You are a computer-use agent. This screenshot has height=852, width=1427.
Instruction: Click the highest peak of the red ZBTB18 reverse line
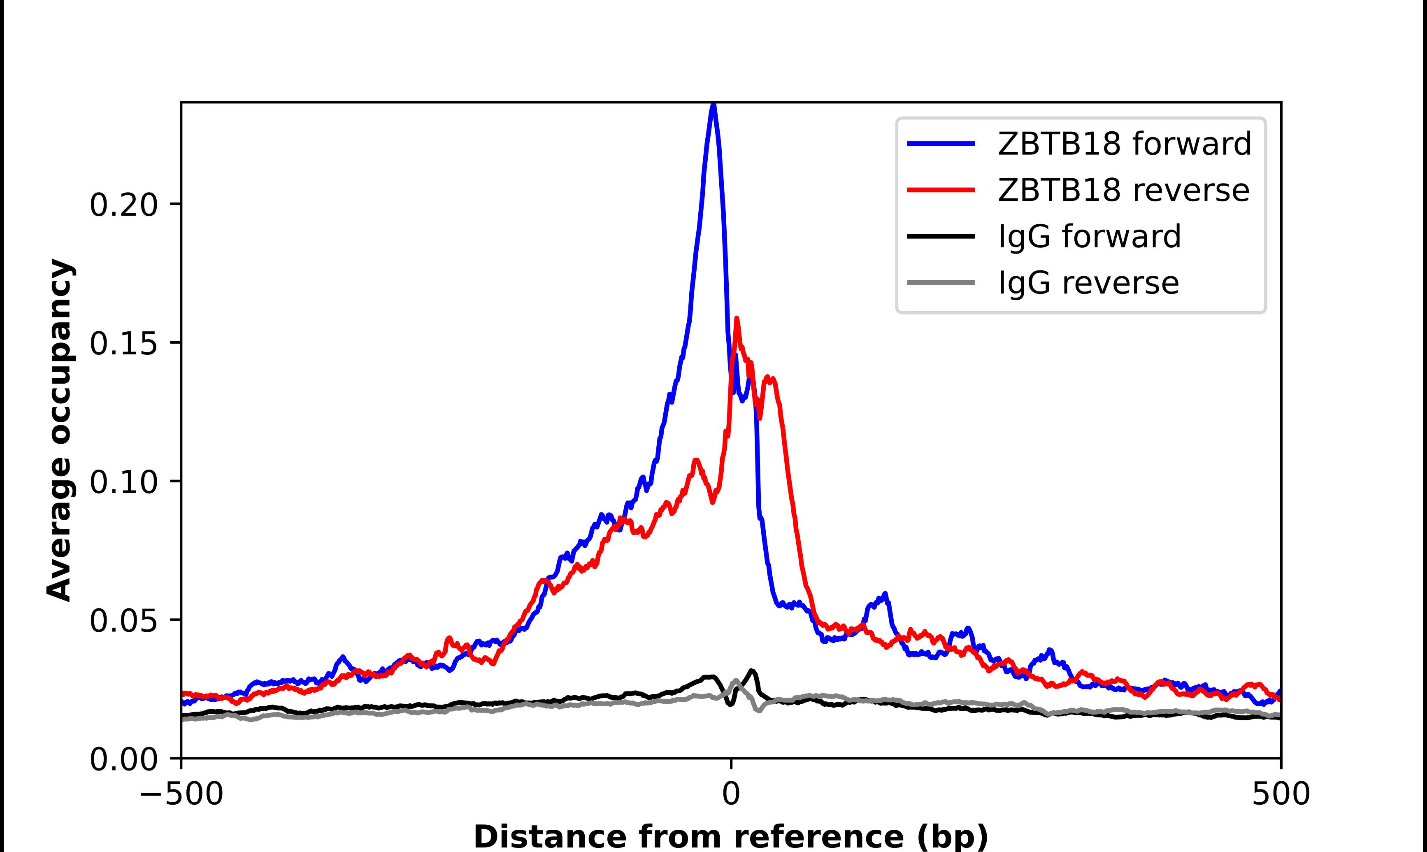coord(737,319)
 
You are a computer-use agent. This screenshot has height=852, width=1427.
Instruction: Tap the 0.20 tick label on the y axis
coord(123,205)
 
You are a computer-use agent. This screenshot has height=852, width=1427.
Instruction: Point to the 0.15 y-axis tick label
coord(123,343)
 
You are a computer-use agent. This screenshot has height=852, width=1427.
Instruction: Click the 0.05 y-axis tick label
coord(123,621)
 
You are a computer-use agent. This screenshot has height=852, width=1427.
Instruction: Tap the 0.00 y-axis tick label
coord(123,759)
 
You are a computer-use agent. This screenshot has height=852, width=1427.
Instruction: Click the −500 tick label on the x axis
coord(181,794)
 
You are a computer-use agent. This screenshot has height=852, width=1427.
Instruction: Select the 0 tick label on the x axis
coord(731,794)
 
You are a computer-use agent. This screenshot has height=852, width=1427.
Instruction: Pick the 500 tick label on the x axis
coord(1281,794)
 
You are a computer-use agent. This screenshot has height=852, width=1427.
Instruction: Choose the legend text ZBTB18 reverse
coord(1123,190)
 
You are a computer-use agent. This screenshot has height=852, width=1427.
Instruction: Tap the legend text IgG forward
coord(1089,236)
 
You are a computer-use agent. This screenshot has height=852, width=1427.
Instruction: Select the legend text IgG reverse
coord(1088,282)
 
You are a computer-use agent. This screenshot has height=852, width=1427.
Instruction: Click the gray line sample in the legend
coord(941,282)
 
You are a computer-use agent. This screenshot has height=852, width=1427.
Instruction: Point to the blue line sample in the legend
coord(941,144)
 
